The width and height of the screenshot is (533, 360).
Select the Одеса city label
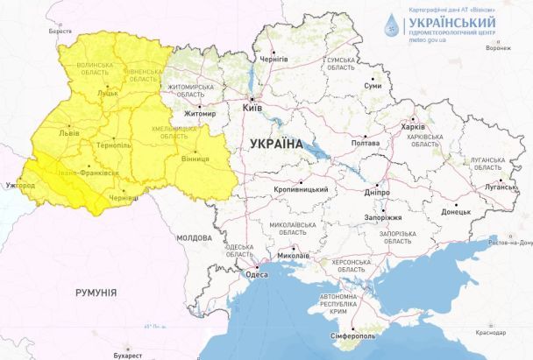[257, 274]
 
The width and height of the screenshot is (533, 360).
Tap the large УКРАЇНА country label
[275, 144]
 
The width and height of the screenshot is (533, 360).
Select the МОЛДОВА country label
[193, 238]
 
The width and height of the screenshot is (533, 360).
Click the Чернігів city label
[273, 59]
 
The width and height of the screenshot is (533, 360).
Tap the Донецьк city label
[455, 211]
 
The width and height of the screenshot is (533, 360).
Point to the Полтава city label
[365, 143]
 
